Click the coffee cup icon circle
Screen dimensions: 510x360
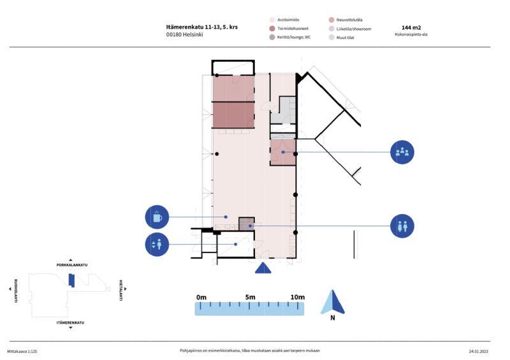(x=157, y=217)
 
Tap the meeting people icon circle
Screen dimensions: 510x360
(x=402, y=152)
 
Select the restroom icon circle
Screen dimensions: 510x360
(x=402, y=226)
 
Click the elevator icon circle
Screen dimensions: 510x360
(x=157, y=244)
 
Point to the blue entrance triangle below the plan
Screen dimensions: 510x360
(x=263, y=268)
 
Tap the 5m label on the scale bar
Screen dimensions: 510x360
(x=250, y=297)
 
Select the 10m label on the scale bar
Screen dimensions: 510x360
(x=298, y=297)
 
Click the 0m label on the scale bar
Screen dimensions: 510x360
(x=201, y=297)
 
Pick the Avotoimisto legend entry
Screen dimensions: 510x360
(x=284, y=20)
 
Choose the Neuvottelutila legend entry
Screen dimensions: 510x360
(x=346, y=20)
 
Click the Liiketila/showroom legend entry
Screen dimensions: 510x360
(x=350, y=29)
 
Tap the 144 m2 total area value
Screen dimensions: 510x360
(x=411, y=27)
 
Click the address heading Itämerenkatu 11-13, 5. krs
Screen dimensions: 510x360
(x=202, y=27)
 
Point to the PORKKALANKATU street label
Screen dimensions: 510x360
(x=72, y=265)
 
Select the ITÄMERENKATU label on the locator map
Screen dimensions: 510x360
(x=70, y=322)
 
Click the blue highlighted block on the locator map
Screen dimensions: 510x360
(x=71, y=280)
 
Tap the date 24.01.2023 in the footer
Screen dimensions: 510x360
(x=479, y=351)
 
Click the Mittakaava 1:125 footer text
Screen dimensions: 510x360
(x=22, y=351)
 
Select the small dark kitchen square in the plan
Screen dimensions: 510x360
(x=247, y=224)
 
